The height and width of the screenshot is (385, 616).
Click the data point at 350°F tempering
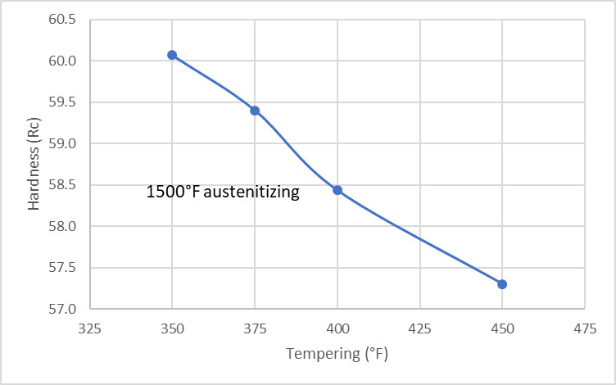click(x=172, y=55)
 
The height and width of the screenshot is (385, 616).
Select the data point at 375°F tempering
click(x=255, y=111)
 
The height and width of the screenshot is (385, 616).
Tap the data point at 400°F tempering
click(x=337, y=190)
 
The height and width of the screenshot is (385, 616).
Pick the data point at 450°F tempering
click(x=502, y=284)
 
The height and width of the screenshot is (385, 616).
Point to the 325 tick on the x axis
click(x=90, y=328)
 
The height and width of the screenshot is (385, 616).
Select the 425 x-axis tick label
click(x=419, y=328)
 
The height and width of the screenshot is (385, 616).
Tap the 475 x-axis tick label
click(x=584, y=328)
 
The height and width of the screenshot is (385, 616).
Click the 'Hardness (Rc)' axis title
click(x=34, y=164)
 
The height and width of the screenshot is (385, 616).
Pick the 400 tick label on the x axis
click(x=337, y=328)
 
